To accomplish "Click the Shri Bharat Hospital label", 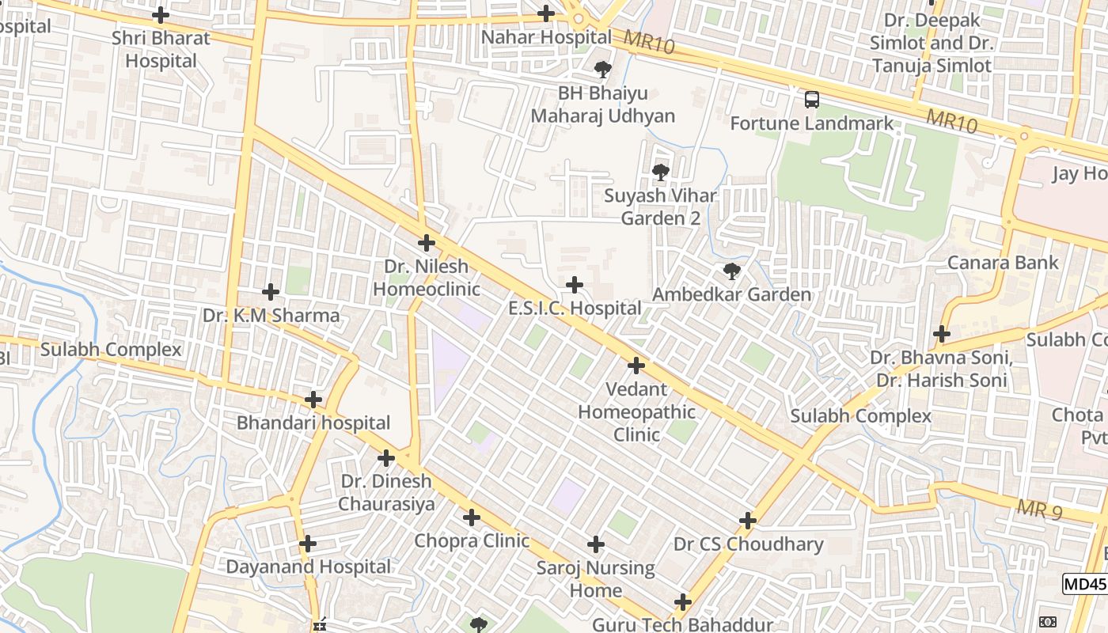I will pyautogui.click(x=161, y=49).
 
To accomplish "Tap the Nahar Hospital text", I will pyautogui.click(x=546, y=37).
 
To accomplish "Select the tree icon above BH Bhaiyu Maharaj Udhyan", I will pyautogui.click(x=603, y=70).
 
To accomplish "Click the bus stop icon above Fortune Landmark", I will pyautogui.click(x=811, y=100).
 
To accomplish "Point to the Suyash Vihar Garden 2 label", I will pyautogui.click(x=660, y=207).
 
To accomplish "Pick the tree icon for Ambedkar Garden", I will pyautogui.click(x=732, y=271).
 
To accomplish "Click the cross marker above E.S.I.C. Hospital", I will pyautogui.click(x=575, y=285).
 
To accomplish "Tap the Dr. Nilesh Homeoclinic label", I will pyautogui.click(x=427, y=278).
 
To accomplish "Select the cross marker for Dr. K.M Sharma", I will pyautogui.click(x=271, y=292).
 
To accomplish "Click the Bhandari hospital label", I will pyautogui.click(x=313, y=423).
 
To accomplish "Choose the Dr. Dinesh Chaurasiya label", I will pyautogui.click(x=386, y=492).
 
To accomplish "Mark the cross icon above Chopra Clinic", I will pyautogui.click(x=472, y=518).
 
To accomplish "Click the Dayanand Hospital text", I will pyautogui.click(x=308, y=567).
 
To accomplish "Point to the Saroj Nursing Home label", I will pyautogui.click(x=596, y=579).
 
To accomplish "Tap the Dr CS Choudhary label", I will pyautogui.click(x=748, y=544).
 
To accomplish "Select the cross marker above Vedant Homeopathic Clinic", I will pyautogui.click(x=636, y=366).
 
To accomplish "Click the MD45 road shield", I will pyautogui.click(x=1083, y=584).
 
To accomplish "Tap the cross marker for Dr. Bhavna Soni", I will pyautogui.click(x=941, y=334).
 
